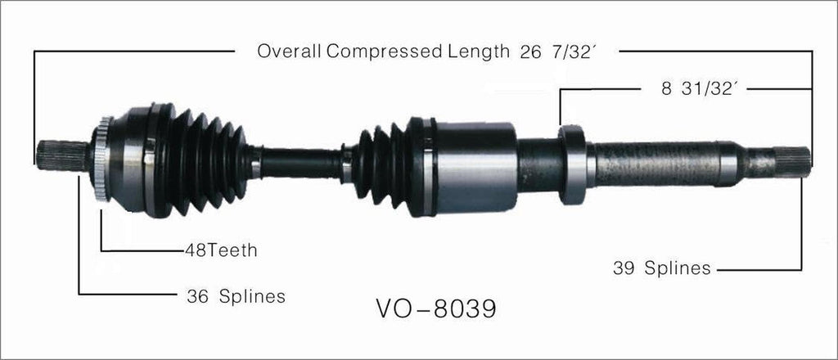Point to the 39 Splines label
(x=661, y=268)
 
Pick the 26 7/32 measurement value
(x=557, y=52)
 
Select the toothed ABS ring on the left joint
(x=102, y=160)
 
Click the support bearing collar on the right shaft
(x=572, y=164)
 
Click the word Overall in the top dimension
(x=290, y=52)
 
